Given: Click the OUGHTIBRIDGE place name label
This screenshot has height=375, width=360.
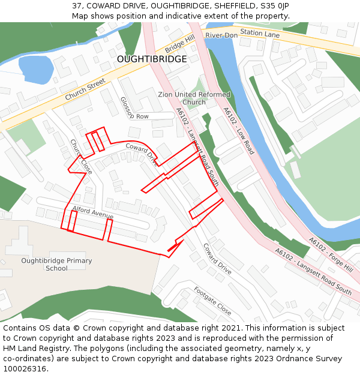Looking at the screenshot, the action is pos(152,59).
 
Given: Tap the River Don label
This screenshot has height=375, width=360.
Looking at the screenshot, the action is pos(221,35).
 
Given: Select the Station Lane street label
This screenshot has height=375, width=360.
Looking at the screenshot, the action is pos(260,34).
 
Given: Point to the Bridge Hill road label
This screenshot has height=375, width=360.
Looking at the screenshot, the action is pos(180,43).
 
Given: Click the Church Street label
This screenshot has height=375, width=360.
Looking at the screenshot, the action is pos(85,89).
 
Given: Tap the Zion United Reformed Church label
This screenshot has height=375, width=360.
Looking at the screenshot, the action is pos(194,98).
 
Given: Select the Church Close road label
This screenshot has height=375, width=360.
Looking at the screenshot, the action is pos(81,157).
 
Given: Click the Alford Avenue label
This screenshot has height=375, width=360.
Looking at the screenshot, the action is pos(93,212).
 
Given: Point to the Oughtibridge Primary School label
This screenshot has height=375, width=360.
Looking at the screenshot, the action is pos(56,265).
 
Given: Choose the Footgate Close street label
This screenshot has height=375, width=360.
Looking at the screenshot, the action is pos(212,301).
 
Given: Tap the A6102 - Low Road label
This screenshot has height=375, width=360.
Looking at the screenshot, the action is pos(239,130).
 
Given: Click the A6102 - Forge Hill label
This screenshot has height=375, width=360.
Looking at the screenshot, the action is pos(331,254).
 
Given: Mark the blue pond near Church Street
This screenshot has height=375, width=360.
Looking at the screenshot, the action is pos(36,69).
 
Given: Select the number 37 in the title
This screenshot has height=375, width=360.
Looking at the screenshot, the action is pos(77,5).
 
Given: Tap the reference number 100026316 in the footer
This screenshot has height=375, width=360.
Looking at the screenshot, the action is pos(25,368).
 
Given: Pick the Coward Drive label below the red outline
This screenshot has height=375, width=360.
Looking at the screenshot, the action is pos(217,259).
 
